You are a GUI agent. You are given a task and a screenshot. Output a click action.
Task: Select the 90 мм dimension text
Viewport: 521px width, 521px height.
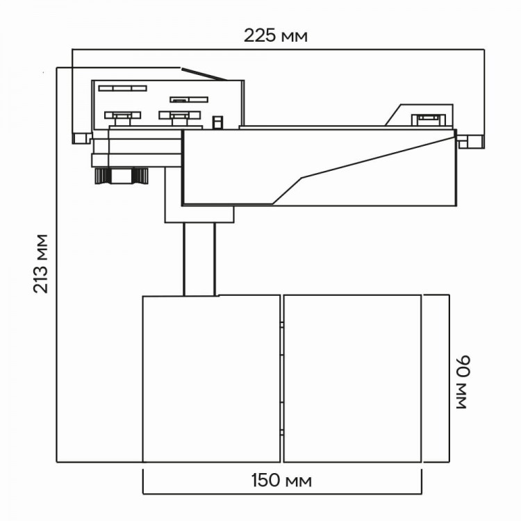(x=463, y=383)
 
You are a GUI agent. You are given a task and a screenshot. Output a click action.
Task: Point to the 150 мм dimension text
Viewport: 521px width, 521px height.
(x=281, y=481)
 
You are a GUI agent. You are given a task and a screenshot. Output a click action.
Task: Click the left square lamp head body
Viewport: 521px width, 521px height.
(x=212, y=379)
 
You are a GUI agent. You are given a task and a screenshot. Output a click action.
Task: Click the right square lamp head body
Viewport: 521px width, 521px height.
(x=352, y=379)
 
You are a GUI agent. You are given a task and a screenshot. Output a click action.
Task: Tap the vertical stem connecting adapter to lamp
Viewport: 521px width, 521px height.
(x=199, y=259)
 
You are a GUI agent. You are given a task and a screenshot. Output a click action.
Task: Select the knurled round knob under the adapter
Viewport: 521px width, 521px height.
(x=122, y=176)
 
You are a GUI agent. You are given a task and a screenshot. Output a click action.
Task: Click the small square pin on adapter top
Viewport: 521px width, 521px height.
(x=217, y=122)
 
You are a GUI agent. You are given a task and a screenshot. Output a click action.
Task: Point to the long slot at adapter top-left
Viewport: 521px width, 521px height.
(x=122, y=88)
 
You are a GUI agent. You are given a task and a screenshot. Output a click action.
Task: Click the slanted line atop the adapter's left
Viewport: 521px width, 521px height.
(x=205, y=74)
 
